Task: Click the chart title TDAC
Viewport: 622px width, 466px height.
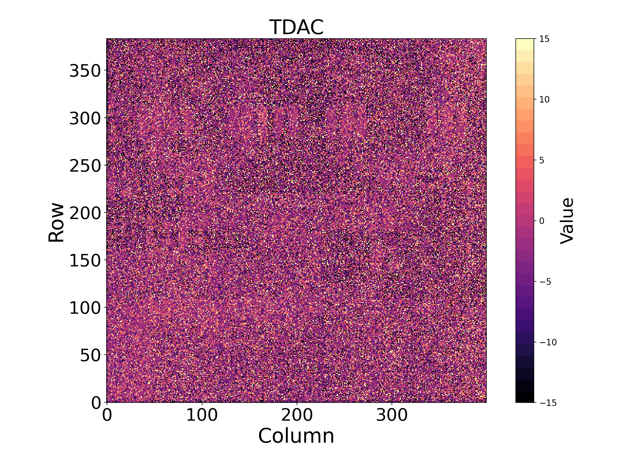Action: [x=296, y=27]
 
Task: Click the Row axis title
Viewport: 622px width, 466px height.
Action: [x=56, y=222]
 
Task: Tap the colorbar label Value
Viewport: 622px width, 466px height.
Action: [x=567, y=221]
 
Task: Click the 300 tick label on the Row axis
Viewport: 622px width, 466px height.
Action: [x=85, y=118]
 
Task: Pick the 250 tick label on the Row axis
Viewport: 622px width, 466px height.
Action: [x=85, y=166]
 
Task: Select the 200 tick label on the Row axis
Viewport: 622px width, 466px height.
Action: [x=85, y=213]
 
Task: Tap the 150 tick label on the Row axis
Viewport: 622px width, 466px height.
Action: [x=85, y=261]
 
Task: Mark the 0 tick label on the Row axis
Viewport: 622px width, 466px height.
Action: [x=96, y=403]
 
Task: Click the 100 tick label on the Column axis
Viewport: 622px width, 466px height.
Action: [x=202, y=415]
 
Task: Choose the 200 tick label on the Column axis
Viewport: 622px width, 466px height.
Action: [x=297, y=415]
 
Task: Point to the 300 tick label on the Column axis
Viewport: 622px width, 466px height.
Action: [x=392, y=415]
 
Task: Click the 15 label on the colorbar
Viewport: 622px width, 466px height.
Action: [x=545, y=39]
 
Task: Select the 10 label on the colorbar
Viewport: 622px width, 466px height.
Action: [x=545, y=99]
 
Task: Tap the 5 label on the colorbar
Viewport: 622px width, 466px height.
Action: [x=542, y=161]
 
